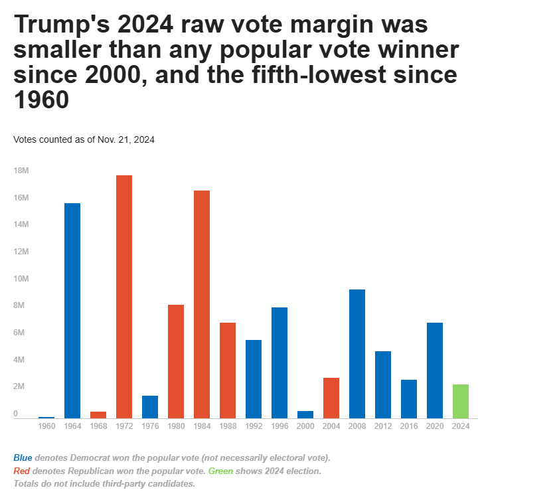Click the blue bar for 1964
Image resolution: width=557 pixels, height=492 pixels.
(x=72, y=310)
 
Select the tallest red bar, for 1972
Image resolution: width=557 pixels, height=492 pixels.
(x=124, y=296)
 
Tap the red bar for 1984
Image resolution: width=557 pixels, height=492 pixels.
(x=202, y=304)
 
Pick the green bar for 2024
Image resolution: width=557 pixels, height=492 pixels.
(x=461, y=401)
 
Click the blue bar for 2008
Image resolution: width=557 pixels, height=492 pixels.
(x=357, y=353)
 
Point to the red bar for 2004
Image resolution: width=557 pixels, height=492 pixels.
(x=331, y=398)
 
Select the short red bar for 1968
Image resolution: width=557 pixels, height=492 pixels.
(x=98, y=415)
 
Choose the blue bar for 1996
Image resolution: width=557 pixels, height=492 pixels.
(x=279, y=363)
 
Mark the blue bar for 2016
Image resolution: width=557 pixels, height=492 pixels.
(x=409, y=398)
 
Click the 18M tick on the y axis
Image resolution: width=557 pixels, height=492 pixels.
(x=21, y=171)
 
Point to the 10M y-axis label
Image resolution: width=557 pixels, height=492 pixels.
(x=21, y=279)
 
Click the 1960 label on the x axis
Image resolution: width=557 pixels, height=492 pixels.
(x=46, y=426)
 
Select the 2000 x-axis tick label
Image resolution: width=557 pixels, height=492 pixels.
(x=305, y=426)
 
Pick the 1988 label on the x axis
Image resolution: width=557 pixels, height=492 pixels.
(x=228, y=426)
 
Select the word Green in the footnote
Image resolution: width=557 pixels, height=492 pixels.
(x=220, y=471)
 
